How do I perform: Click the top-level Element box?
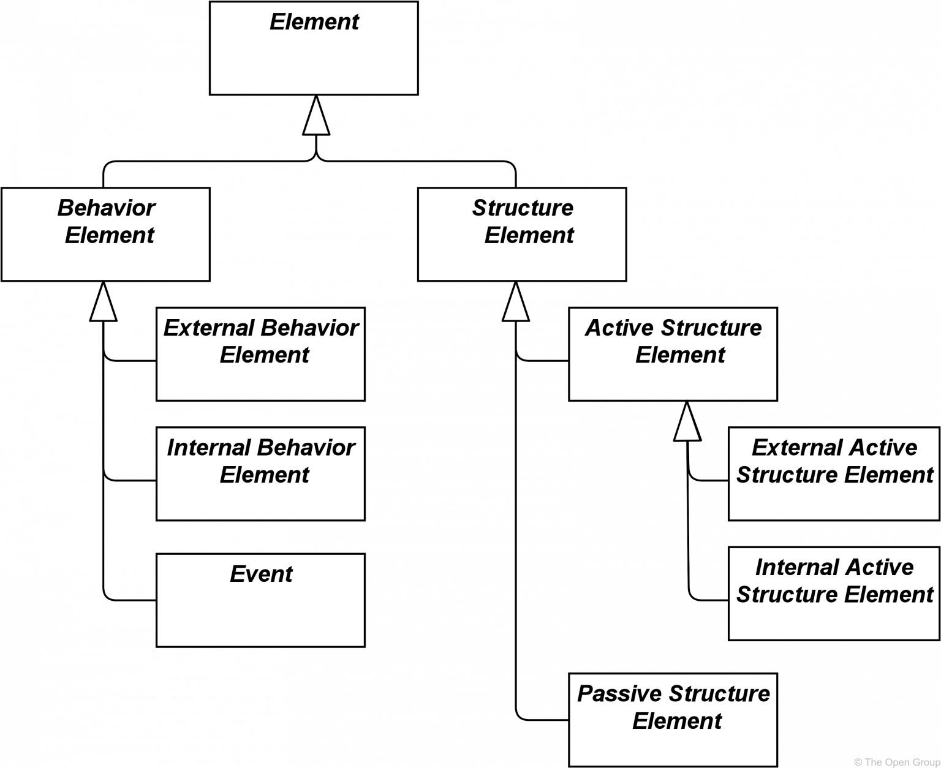pyautogui.click(x=314, y=48)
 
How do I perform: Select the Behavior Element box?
pyautogui.click(x=105, y=234)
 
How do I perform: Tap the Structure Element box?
pyautogui.click(x=522, y=234)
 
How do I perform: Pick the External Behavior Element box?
pyautogui.click(x=260, y=355)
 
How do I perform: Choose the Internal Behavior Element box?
pyautogui.click(x=260, y=473)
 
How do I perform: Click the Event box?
pyautogui.click(x=260, y=600)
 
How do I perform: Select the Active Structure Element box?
pyautogui.click(x=673, y=355)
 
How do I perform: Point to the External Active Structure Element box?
pyautogui.click(x=834, y=473)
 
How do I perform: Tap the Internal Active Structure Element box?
pyautogui.click(x=834, y=593)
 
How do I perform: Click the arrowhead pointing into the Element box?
pyautogui.click(x=316, y=117)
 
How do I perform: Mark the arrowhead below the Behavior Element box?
pyautogui.click(x=104, y=303)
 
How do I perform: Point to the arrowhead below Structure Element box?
pyautogui.click(x=515, y=303)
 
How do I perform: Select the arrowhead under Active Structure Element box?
pyautogui.click(x=687, y=423)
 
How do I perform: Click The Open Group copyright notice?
pyautogui.click(x=896, y=762)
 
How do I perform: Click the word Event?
pyautogui.click(x=261, y=574)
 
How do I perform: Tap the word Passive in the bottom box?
pyautogui.click(x=619, y=694)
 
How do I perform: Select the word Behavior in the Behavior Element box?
pyautogui.click(x=106, y=208)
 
